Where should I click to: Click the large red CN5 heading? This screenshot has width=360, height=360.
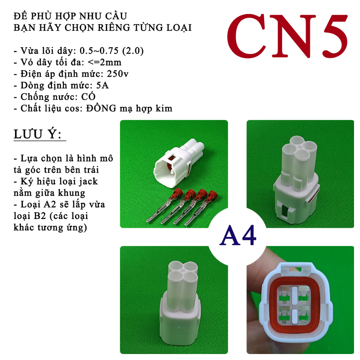click(288, 36)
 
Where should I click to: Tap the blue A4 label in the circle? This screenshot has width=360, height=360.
click(238, 235)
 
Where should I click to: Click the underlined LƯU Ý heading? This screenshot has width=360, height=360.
click(38, 134)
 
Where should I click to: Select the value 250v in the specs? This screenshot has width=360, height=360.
click(117, 74)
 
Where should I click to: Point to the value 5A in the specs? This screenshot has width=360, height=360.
click(102, 85)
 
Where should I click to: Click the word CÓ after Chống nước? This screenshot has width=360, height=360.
click(88, 96)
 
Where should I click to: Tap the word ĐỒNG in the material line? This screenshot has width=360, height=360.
click(101, 108)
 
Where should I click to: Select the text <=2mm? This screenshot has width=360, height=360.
click(104, 62)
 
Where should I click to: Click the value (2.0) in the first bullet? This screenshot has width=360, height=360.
click(133, 51)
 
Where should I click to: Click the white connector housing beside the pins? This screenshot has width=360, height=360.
click(178, 161)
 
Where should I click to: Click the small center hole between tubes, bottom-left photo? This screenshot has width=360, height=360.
click(182, 270)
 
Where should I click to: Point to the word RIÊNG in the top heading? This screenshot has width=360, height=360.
click(114, 27)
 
